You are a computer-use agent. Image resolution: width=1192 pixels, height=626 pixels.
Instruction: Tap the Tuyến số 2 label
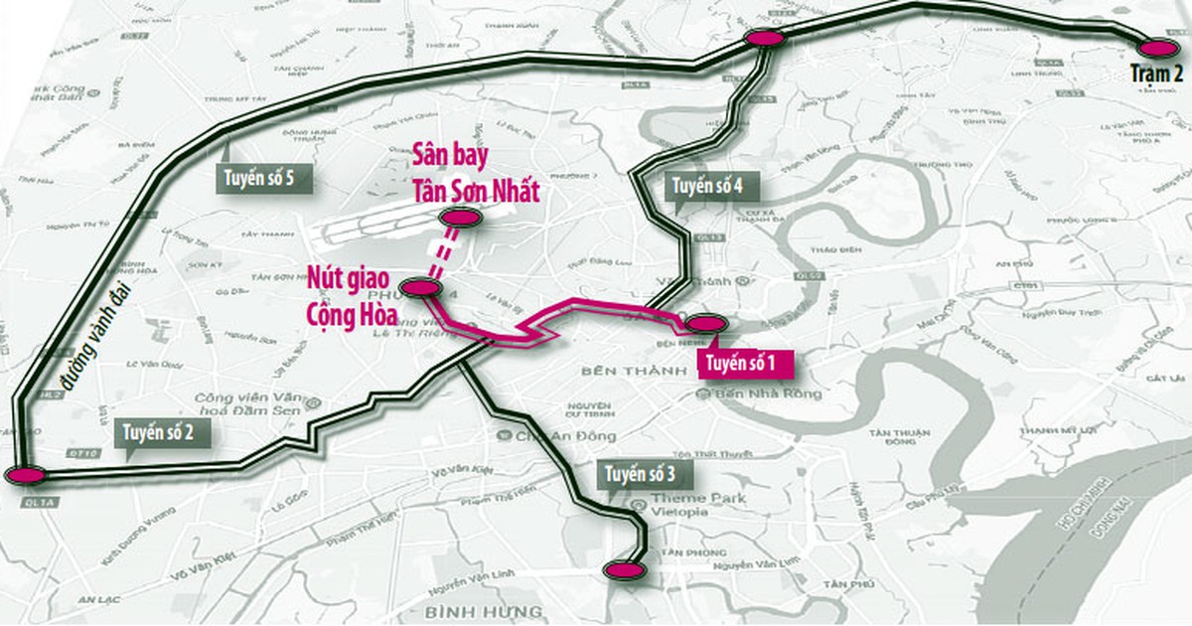pos(163,433)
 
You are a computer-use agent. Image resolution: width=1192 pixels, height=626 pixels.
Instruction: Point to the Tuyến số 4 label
pos(706,186)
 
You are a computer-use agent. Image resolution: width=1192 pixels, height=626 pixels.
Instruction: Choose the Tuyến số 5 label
pos(255,179)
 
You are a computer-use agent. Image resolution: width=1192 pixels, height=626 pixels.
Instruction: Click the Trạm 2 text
pos(1157,74)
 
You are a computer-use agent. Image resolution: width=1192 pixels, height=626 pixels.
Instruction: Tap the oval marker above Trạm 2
pos(1157,48)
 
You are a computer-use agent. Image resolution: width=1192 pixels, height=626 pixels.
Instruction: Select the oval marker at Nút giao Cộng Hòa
pos(419,288)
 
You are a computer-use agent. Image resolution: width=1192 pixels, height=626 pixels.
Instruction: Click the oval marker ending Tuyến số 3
pos(626,570)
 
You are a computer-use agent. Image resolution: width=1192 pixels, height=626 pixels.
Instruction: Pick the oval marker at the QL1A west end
pos(24,475)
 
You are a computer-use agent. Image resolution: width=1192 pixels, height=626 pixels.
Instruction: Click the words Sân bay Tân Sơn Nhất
pos(476,175)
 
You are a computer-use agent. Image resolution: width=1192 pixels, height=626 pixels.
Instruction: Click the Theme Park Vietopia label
pos(679,504)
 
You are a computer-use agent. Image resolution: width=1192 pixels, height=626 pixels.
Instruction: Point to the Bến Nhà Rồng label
pos(769,394)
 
